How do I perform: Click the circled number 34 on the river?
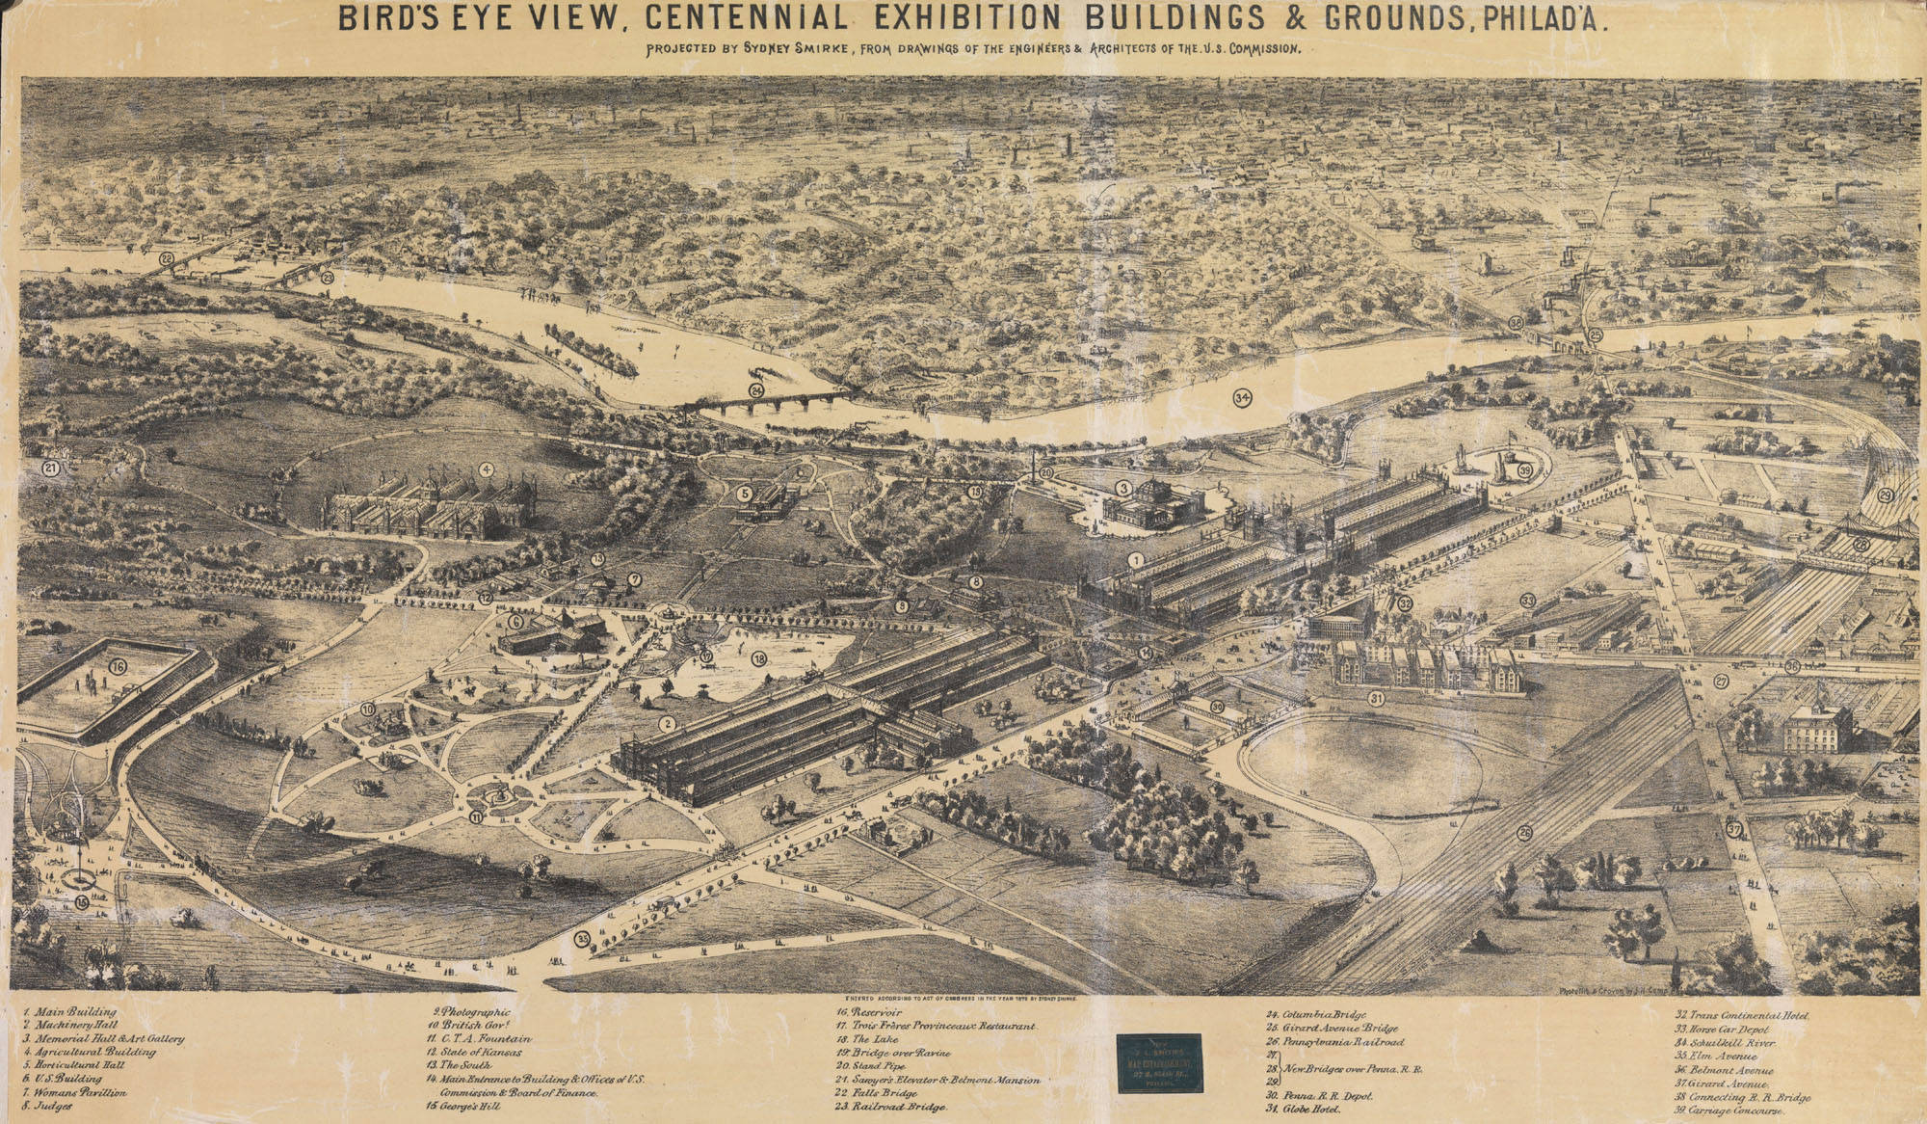pos(1241,396)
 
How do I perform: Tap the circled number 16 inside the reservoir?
pos(118,666)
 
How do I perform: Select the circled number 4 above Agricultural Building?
pos(488,469)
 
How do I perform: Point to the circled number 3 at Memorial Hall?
pos(1122,488)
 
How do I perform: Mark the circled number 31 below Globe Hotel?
pos(1376,699)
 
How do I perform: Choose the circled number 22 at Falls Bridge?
pos(167,258)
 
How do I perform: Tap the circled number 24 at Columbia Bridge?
pos(756,390)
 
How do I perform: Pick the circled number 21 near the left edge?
pos(51,468)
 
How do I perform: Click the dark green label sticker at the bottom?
pos(1159,1060)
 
